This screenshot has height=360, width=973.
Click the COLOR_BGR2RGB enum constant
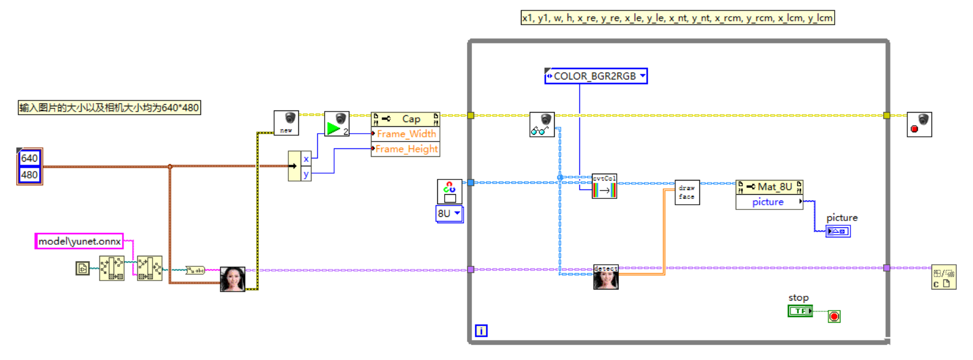pyautogui.click(x=595, y=76)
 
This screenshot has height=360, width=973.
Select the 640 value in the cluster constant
pyautogui.click(x=29, y=158)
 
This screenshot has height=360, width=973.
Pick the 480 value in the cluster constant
pyautogui.click(x=29, y=175)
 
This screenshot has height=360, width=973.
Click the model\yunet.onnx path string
pyautogui.click(x=79, y=242)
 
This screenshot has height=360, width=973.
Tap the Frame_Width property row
pyautogui.click(x=406, y=134)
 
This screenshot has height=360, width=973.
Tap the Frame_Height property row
pyautogui.click(x=406, y=149)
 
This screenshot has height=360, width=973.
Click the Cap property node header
pyautogui.click(x=405, y=119)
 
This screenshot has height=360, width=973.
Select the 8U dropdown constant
pyautogui.click(x=449, y=214)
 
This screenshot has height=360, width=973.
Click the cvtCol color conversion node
pyautogui.click(x=604, y=186)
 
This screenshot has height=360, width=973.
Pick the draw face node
pyautogui.click(x=687, y=193)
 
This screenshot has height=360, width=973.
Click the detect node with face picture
pyautogui.click(x=606, y=277)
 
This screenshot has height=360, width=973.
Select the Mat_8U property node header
pyautogui.click(x=769, y=187)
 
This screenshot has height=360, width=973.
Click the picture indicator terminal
pyautogui.click(x=838, y=231)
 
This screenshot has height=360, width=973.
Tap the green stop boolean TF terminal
pyautogui.click(x=800, y=311)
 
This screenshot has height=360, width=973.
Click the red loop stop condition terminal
pyautogui.click(x=834, y=316)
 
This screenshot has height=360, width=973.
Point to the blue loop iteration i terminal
pyautogui.click(x=481, y=331)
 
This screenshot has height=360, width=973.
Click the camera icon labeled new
pyautogui.click(x=286, y=123)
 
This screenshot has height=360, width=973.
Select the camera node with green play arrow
pyautogui.click(x=337, y=124)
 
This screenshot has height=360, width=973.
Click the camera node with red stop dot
pyautogui.click(x=919, y=125)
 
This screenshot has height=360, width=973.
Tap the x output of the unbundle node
pyautogui.click(x=306, y=159)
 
